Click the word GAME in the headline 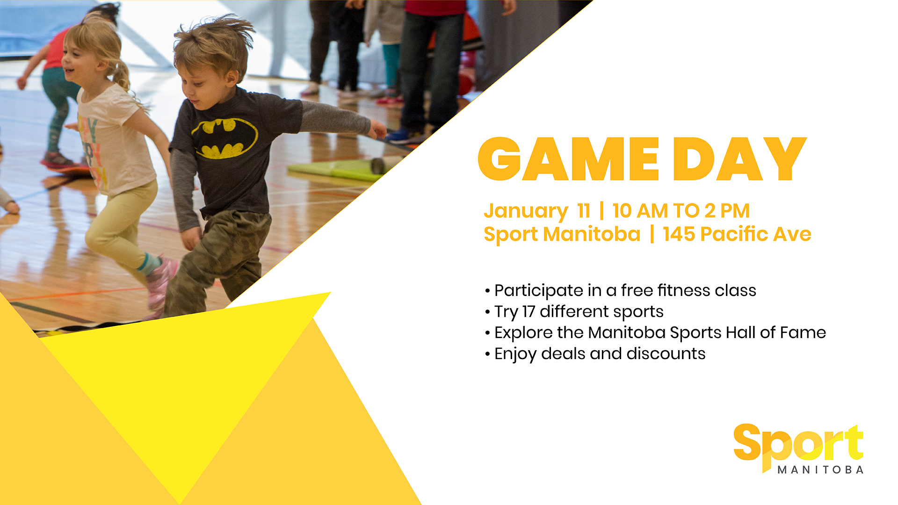(568, 159)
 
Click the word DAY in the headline (740, 159)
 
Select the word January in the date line (526, 211)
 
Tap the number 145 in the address (679, 234)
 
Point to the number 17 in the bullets (529, 311)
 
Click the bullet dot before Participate (487, 291)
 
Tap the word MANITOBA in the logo (820, 469)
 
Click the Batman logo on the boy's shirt (225, 138)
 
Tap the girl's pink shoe (160, 282)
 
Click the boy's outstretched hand (377, 129)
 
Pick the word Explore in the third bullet (523, 333)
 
